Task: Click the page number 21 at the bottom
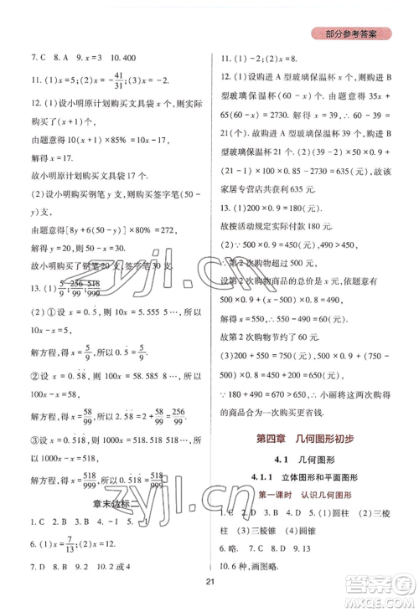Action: pyautogui.click(x=210, y=583)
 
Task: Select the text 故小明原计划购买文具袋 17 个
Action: pyautogui.click(x=73, y=198)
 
